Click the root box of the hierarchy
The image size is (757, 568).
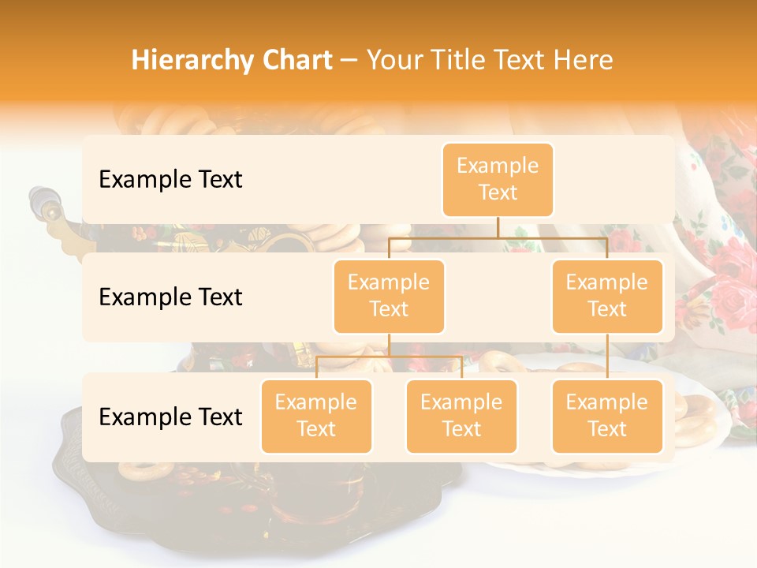(498, 179)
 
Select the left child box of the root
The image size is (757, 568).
(389, 296)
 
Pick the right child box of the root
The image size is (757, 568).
(607, 296)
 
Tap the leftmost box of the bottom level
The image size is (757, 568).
(316, 416)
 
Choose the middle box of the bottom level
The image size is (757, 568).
(461, 416)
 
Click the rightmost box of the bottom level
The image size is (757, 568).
(607, 416)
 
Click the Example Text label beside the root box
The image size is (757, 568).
(170, 179)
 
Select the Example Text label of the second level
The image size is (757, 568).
(170, 297)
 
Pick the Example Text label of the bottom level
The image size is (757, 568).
(170, 417)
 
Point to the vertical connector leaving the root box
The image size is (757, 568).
(498, 227)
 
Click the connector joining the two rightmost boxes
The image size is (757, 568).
(607, 357)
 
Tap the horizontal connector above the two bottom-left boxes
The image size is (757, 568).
(389, 357)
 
